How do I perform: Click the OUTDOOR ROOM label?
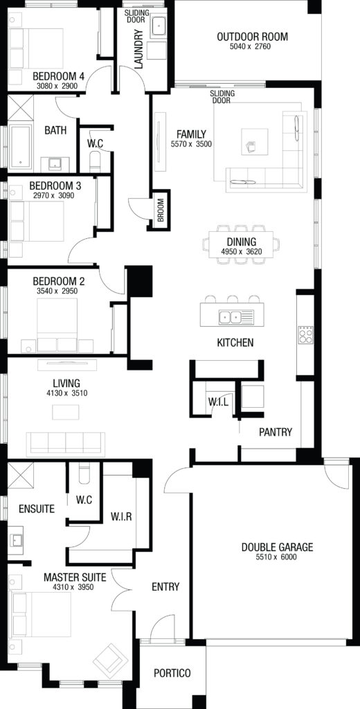point(253,37)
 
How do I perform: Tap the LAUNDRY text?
point(138,49)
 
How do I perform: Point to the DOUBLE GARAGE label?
point(277,547)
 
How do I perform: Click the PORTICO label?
point(172,673)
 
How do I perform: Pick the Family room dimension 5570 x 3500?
point(191,145)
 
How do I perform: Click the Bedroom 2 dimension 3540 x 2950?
point(58,291)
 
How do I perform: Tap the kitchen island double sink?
point(230,317)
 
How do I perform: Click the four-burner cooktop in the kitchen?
point(305,335)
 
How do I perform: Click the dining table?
point(241,244)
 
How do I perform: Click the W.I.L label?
point(219,401)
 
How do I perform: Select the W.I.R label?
point(121,517)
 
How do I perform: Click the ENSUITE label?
point(37,509)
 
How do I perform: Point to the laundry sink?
point(159,26)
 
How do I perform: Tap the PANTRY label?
point(276,432)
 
